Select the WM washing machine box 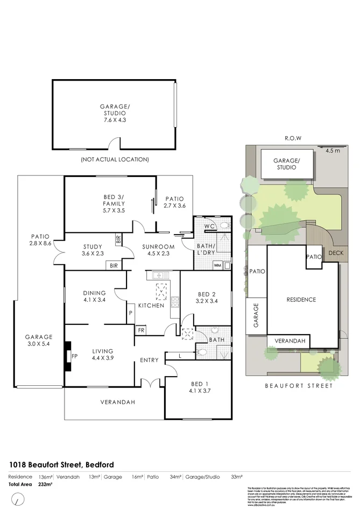pyautogui.click(x=217, y=265)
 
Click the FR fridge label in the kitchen pyautogui.click(x=141, y=330)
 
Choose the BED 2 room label pyautogui.click(x=207, y=294)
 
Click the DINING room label pyautogui.click(x=94, y=293)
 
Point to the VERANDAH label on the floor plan pyautogui.click(x=117, y=402)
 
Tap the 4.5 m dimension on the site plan pyautogui.click(x=333, y=151)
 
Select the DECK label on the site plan pyautogui.click(x=335, y=252)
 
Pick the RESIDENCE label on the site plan pyautogui.click(x=301, y=300)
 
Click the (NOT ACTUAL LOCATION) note pyautogui.click(x=115, y=159)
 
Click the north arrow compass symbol pyautogui.click(x=19, y=499)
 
